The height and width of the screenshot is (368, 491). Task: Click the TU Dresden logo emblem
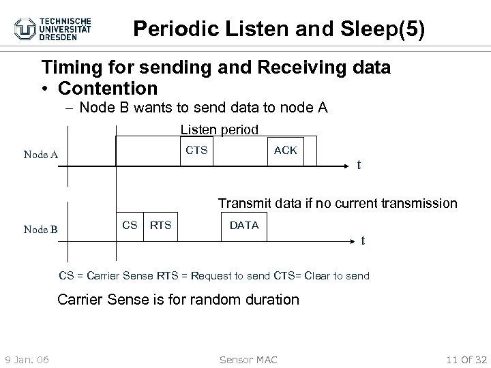point(27,29)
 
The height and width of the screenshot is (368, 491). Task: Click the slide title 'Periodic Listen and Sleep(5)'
point(278,29)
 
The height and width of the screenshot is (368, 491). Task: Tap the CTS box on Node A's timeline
point(197,150)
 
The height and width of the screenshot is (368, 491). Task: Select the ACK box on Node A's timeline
point(285,151)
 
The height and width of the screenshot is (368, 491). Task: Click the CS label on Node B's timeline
point(130,226)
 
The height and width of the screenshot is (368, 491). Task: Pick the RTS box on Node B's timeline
point(161,226)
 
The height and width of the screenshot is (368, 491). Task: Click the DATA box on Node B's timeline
point(244,226)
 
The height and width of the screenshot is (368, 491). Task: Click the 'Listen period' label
point(219,129)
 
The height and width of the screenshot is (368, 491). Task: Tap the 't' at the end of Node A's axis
point(359,164)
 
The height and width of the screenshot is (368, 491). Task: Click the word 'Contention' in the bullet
point(108,89)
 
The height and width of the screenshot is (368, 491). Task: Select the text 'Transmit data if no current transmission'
point(338,203)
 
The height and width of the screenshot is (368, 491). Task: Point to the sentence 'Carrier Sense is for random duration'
point(178,299)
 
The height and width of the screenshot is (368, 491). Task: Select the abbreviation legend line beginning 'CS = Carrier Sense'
point(214,276)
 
